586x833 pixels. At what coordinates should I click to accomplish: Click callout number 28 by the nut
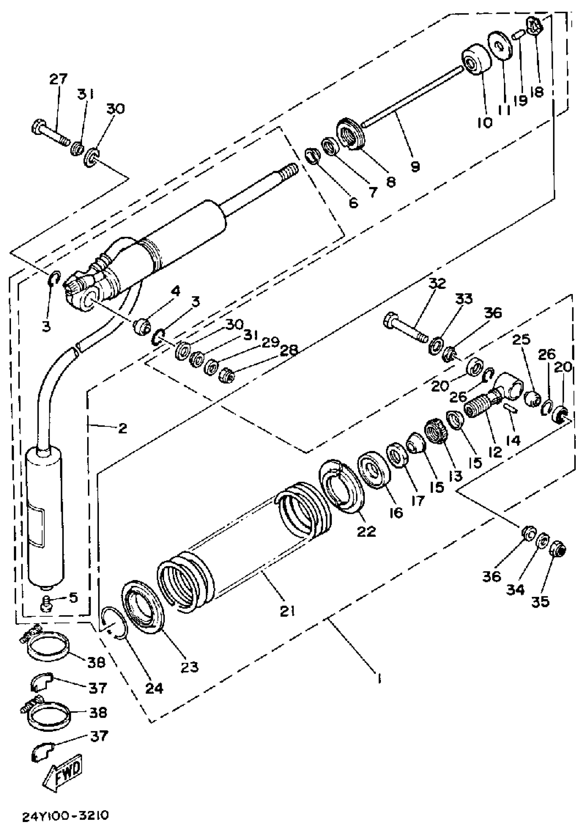(289, 350)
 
